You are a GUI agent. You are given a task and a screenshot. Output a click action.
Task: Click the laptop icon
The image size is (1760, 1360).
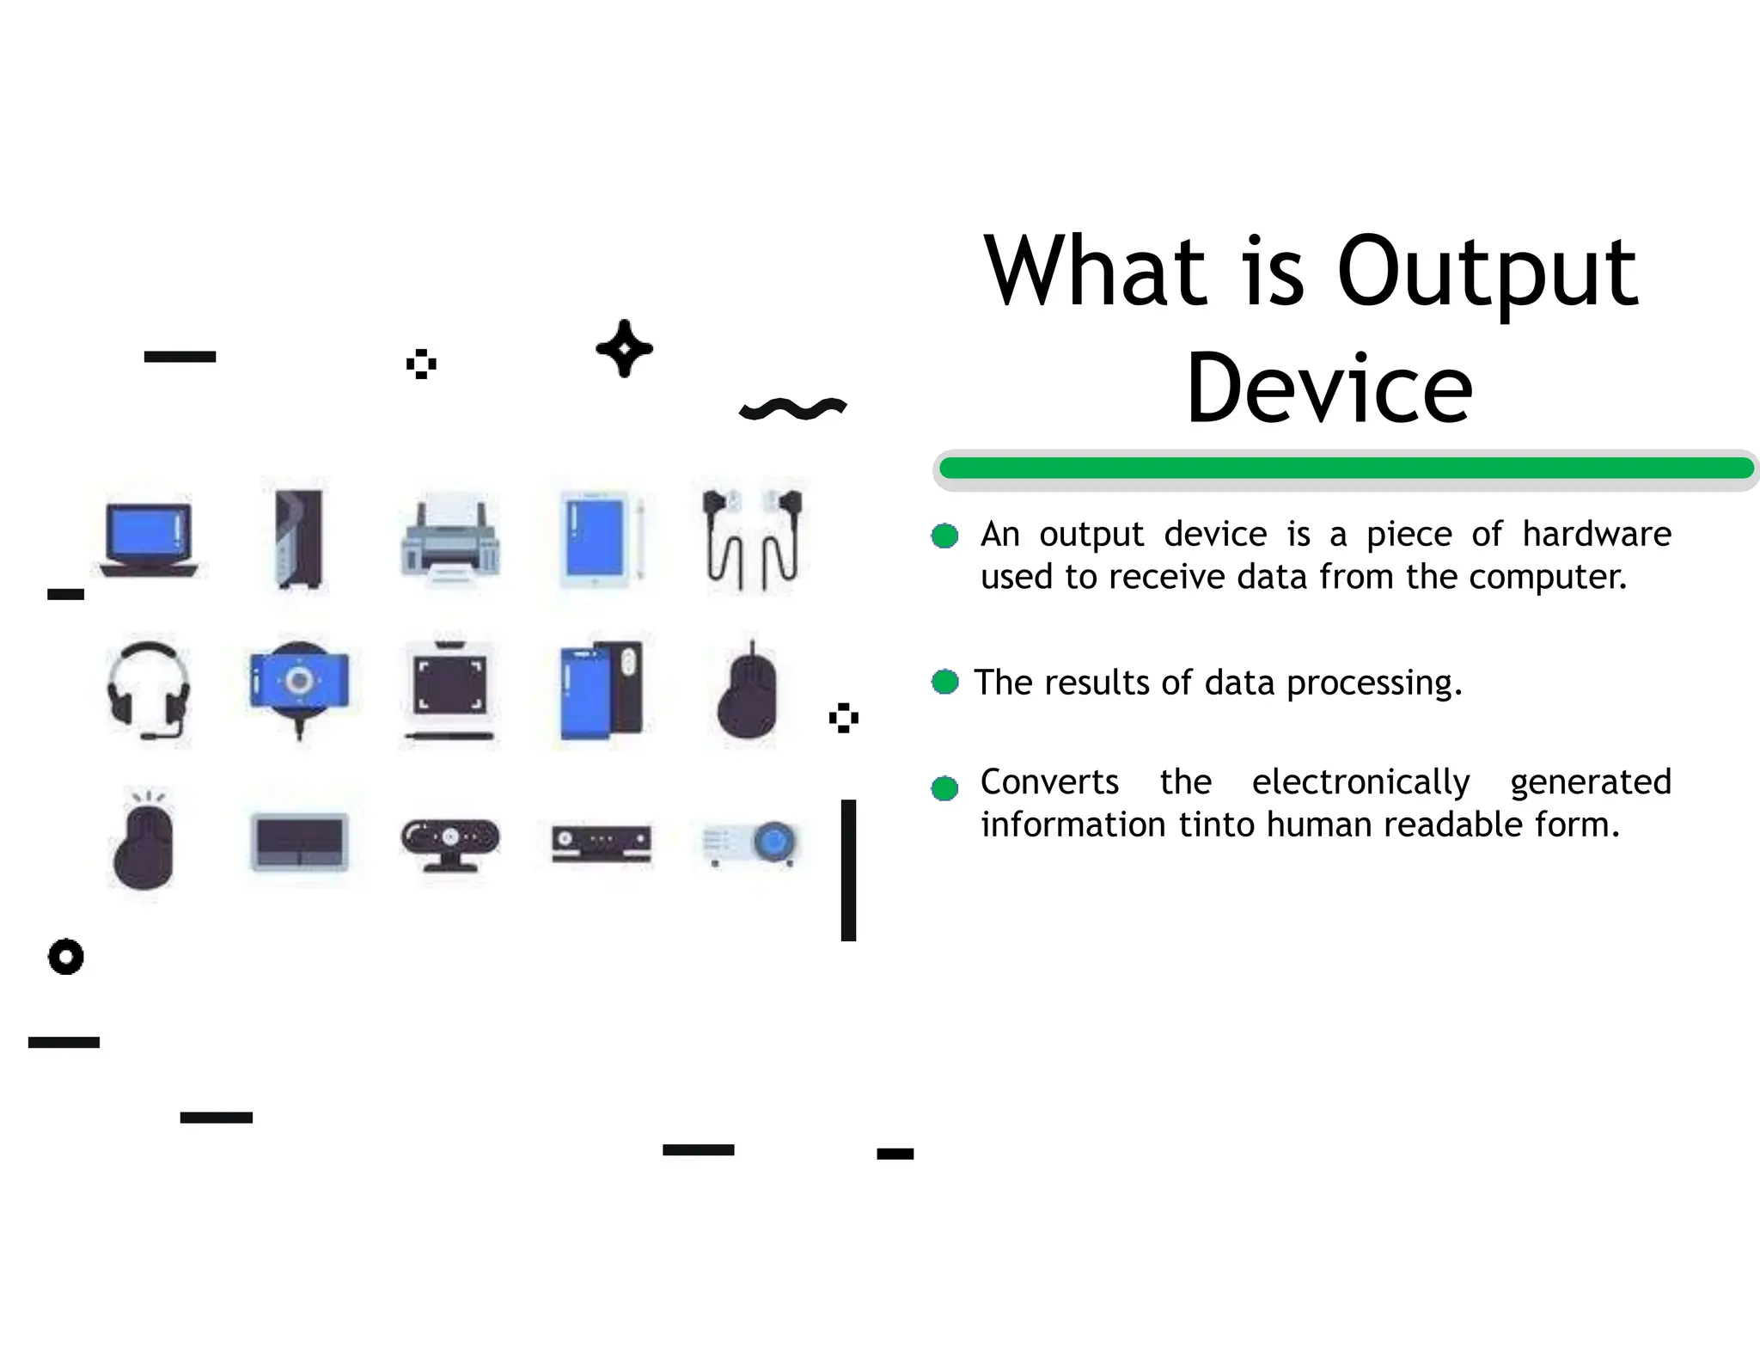click(149, 539)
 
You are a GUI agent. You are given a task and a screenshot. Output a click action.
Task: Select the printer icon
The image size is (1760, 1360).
click(450, 539)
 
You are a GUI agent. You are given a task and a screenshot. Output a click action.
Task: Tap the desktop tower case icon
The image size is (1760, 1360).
click(299, 539)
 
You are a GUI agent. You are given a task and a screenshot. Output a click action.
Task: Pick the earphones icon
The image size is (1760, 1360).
click(753, 539)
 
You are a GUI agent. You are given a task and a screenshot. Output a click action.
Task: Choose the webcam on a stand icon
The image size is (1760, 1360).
click(450, 842)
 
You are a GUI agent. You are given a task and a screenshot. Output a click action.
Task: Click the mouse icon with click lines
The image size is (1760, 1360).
click(144, 842)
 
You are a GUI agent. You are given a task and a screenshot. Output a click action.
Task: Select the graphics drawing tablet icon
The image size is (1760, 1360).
click(450, 690)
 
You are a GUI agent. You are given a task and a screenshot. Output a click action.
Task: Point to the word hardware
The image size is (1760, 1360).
click(1596, 535)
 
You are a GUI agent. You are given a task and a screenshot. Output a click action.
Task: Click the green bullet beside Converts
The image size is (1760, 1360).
click(944, 787)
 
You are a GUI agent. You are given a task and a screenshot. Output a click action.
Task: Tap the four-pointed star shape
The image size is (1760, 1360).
click(625, 349)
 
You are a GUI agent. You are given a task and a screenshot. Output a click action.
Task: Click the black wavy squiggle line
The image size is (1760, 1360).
click(792, 409)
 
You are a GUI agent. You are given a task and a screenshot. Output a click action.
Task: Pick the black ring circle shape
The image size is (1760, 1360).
click(66, 956)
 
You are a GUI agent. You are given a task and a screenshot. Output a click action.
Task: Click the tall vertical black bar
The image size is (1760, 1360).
click(848, 869)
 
